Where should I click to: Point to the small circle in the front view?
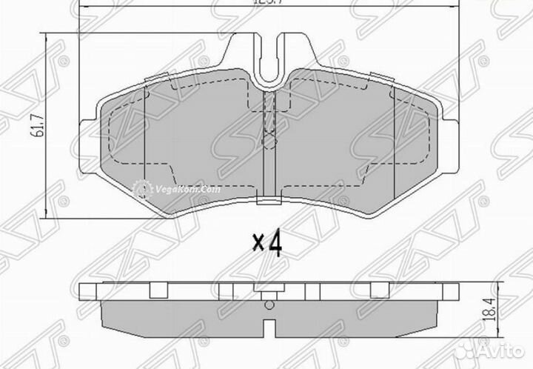(269, 136)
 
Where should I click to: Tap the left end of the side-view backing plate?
(82, 290)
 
